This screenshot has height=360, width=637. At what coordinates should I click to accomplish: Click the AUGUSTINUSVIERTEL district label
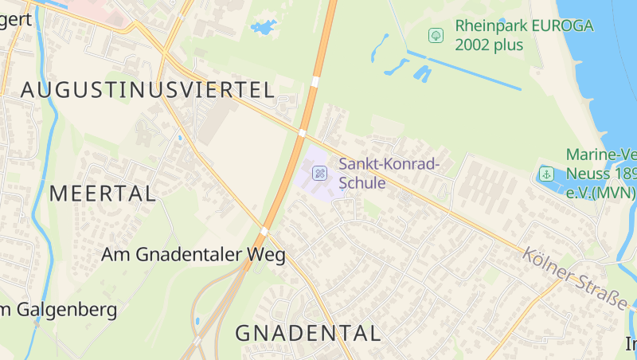click(x=147, y=89)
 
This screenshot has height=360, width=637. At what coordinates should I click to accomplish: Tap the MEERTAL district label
click(x=103, y=193)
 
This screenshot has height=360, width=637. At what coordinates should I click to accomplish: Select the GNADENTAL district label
click(x=308, y=333)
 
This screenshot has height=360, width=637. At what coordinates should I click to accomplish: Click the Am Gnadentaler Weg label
click(x=193, y=255)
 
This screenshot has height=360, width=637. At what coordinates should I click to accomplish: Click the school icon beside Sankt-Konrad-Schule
click(x=319, y=172)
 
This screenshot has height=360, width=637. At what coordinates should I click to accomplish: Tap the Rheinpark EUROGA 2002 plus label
click(x=524, y=35)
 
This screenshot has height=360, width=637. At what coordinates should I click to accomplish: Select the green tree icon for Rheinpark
click(x=436, y=35)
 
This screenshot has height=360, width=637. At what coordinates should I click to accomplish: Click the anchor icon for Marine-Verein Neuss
click(x=546, y=174)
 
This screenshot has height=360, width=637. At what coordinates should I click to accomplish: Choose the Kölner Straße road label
click(x=574, y=280)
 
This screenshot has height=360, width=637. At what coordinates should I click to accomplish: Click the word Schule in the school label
click(x=362, y=184)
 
